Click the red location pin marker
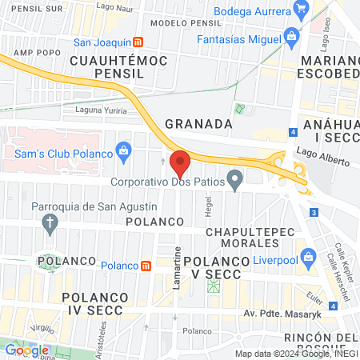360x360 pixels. click(181, 164)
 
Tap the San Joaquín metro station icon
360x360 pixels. click(138, 42)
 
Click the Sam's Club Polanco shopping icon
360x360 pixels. click(123, 149)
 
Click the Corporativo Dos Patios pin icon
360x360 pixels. click(234, 181)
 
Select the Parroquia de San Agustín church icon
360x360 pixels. click(50, 222)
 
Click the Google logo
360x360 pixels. click(26, 350)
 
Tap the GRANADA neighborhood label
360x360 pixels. click(198, 124)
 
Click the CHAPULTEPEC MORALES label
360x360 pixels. click(252, 238)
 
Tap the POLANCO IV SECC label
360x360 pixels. click(91, 303)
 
